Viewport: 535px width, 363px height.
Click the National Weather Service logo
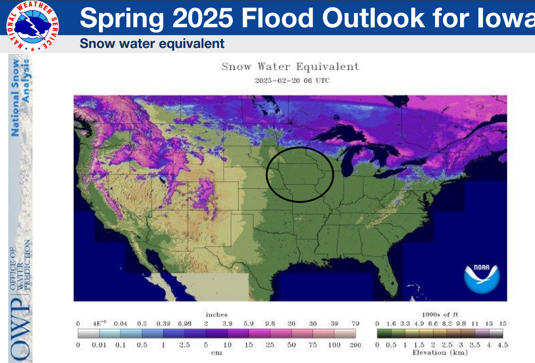pos(32,26)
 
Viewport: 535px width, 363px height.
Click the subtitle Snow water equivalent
pos(152,44)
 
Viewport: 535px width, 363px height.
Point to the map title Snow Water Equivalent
pos(290,67)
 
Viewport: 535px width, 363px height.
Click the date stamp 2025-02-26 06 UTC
pos(292,80)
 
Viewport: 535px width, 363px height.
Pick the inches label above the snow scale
pos(216,315)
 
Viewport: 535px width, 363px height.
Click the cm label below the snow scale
pos(216,352)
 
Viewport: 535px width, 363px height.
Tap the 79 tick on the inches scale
pos(355,323)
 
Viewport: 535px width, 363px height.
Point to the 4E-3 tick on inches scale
pos(99,323)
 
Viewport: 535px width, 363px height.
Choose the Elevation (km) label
pos(440,352)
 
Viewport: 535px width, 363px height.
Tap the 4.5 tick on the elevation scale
pos(503,345)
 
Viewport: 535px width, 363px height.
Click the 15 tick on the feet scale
pos(503,323)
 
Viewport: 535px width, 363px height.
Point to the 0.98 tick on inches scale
pos(184,323)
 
